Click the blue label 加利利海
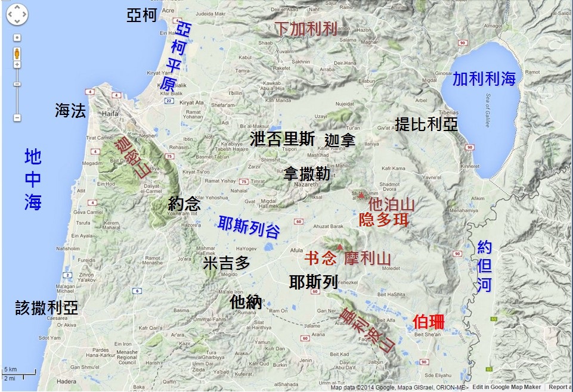point(484,79)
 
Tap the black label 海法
point(70,110)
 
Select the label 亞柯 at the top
point(141,15)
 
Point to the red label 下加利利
point(306,28)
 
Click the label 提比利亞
point(426,124)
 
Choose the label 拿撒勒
point(306,173)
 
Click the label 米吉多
point(227,263)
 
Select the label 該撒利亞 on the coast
point(47,307)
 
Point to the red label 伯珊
point(428,322)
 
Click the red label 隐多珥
point(384,219)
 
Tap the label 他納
point(246,302)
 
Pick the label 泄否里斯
point(283,139)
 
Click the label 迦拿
point(340,141)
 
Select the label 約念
point(184,204)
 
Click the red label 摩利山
point(367,259)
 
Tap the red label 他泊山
point(392,203)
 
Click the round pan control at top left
point(17,14)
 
